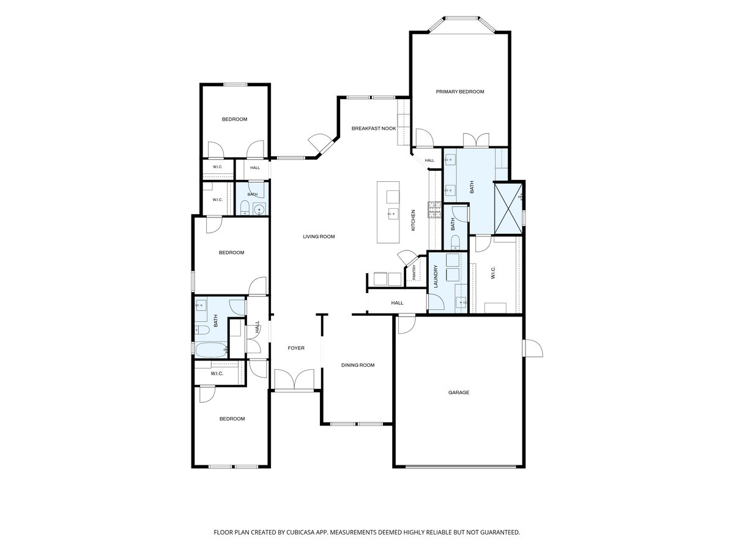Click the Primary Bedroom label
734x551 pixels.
[x=460, y=92]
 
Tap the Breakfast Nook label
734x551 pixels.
[x=374, y=129]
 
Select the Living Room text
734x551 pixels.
[x=319, y=236]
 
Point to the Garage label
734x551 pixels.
[x=459, y=392]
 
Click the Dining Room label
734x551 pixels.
[x=357, y=365]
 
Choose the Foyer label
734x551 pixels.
[x=296, y=348]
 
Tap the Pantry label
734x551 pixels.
[x=414, y=272]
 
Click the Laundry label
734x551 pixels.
[x=436, y=277]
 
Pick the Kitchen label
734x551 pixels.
[x=413, y=220]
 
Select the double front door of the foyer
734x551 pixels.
[x=294, y=380]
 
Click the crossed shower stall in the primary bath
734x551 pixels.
[x=508, y=208]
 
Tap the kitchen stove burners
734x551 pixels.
[x=435, y=210]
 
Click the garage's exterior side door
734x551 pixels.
[x=532, y=348]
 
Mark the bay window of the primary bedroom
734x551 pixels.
[x=462, y=24]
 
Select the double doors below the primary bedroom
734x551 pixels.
[x=476, y=140]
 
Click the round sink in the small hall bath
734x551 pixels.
[x=259, y=210]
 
